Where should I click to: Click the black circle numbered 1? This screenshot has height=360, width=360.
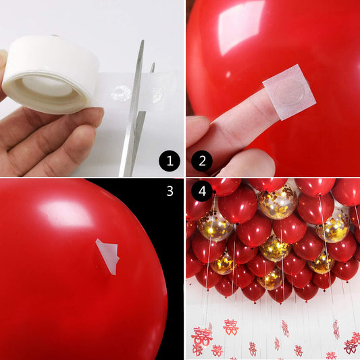tap(169, 161)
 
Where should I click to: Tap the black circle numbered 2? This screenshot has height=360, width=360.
tap(202, 161)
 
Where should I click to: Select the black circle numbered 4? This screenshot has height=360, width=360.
tap(202, 191)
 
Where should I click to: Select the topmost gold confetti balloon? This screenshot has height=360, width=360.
tap(277, 201)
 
